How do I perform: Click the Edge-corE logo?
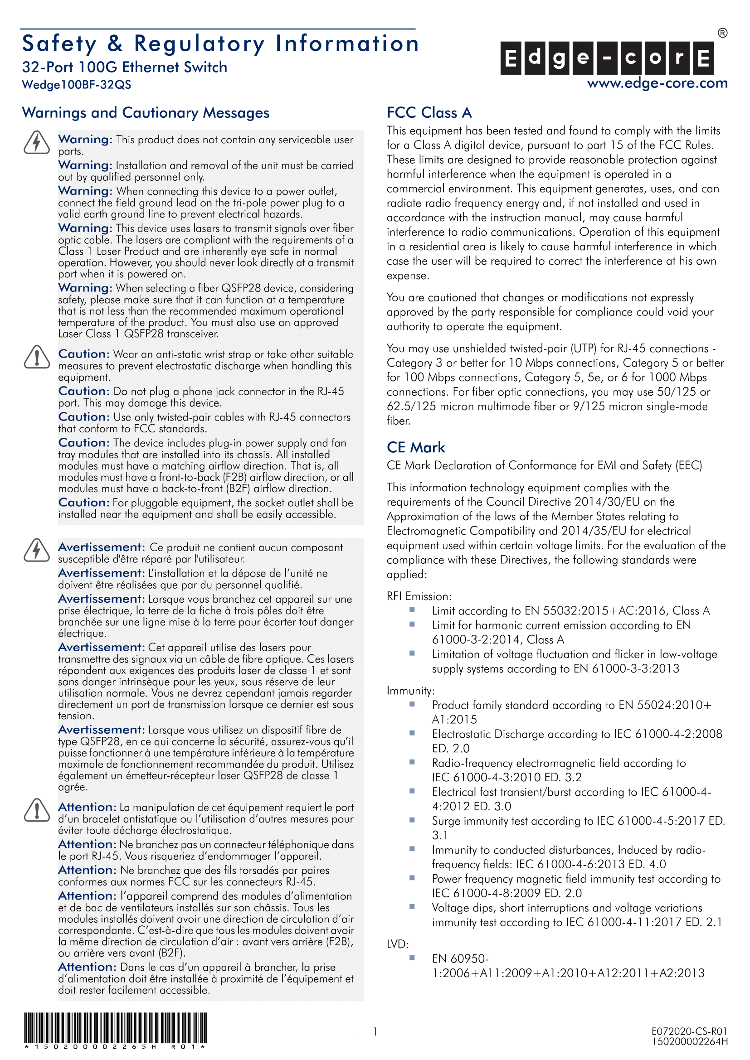pyautogui.click(x=607, y=58)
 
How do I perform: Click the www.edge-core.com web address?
pyautogui.click(x=657, y=83)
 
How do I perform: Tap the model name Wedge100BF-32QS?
pyautogui.click(x=77, y=85)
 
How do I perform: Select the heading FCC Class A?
pyautogui.click(x=429, y=113)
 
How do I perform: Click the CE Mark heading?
pyautogui.click(x=416, y=447)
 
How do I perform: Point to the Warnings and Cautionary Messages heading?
pyautogui.click(x=146, y=113)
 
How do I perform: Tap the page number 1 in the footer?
pyautogui.click(x=375, y=1031)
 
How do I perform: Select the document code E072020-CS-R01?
pyautogui.click(x=689, y=1031)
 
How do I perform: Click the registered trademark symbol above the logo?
pyautogui.click(x=722, y=33)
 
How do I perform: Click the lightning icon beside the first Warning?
pyautogui.click(x=36, y=142)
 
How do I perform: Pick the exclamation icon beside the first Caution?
pyautogui.click(x=36, y=357)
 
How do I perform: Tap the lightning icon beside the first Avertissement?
pyautogui.click(x=36, y=550)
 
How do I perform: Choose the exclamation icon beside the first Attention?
pyautogui.click(x=36, y=810)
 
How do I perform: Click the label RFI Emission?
pyautogui.click(x=419, y=596)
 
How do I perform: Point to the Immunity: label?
pyautogui.click(x=410, y=691)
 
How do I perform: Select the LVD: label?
pyautogui.click(x=398, y=944)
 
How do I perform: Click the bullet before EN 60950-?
pyautogui.click(x=412, y=958)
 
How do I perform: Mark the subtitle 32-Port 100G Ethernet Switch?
pyautogui.click(x=125, y=68)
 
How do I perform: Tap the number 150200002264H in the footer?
pyautogui.click(x=690, y=1041)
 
